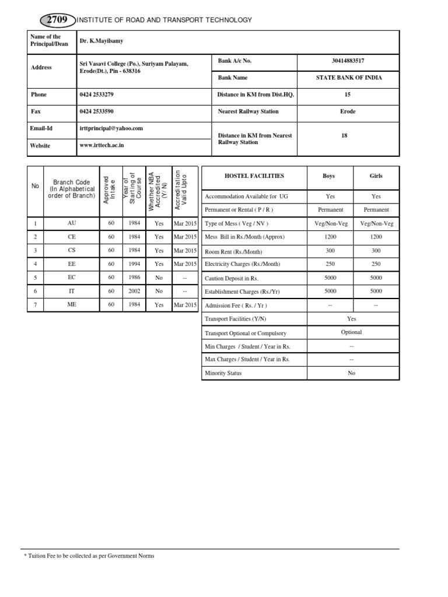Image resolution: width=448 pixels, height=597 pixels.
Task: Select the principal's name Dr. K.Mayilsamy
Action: pos(101,41)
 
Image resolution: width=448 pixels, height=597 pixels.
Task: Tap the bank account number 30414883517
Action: pos(348,60)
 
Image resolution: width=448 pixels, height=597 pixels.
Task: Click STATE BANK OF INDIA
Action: pos(348,78)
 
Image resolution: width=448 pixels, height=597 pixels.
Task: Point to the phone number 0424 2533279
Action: pos(96,94)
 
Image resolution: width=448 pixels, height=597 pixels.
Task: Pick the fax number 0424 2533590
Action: pos(96,111)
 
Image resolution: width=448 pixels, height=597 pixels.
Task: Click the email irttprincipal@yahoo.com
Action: pos(111,128)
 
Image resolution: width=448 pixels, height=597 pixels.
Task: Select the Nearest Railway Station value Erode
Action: pos(348,111)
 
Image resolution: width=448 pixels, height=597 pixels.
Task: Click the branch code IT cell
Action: pos(71,291)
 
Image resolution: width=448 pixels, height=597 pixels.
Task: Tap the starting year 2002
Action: pos(134,291)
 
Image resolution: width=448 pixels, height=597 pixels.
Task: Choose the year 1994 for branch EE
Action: pos(134,264)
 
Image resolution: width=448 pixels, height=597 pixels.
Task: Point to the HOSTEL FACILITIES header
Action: pos(254,175)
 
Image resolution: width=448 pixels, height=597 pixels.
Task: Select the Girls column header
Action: pos(376,175)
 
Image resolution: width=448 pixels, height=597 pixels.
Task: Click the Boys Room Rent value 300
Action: pos(330,251)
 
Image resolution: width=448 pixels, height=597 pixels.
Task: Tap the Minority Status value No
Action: pos(351,373)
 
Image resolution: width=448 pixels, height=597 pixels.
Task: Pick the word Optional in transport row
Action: pos(351,332)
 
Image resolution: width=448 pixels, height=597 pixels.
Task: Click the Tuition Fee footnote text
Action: pos(89,556)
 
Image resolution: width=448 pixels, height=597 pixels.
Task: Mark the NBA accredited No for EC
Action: pos(159,278)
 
